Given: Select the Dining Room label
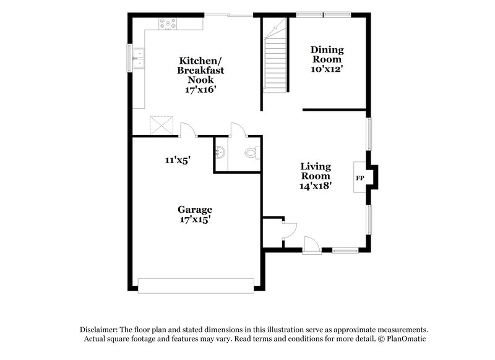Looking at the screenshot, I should coord(327,54).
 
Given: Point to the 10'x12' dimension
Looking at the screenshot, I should coord(327,70).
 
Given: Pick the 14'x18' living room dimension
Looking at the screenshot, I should coord(316,186).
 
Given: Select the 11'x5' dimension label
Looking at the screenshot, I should coord(178,160).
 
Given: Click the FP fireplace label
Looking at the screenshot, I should coord(359,179).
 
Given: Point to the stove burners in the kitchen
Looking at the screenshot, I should coord(167,24).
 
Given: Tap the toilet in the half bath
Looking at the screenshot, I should coord(251,152).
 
